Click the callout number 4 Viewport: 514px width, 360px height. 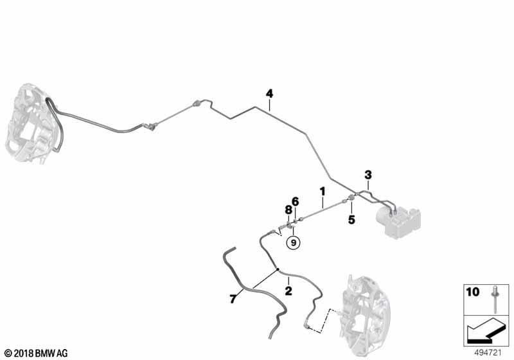click(x=269, y=94)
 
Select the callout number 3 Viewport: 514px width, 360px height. click(x=368, y=175)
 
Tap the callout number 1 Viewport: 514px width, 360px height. click(x=323, y=191)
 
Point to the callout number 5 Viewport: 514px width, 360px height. click(x=351, y=220)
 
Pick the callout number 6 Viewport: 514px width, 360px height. click(x=296, y=201)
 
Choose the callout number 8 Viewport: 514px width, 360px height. click(x=288, y=210)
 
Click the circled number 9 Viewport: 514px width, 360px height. click(x=294, y=243)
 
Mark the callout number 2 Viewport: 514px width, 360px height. click(x=288, y=291)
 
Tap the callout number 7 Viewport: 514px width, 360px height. click(x=233, y=299)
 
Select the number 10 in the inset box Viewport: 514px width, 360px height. click(x=473, y=291)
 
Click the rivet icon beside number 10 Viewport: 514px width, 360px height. click(x=494, y=299)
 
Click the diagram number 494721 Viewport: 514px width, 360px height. click(x=488, y=353)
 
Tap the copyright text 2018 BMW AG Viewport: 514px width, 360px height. click(x=37, y=353)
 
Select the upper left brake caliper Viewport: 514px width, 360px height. click(x=34, y=123)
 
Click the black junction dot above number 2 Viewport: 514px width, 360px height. click(x=278, y=269)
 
